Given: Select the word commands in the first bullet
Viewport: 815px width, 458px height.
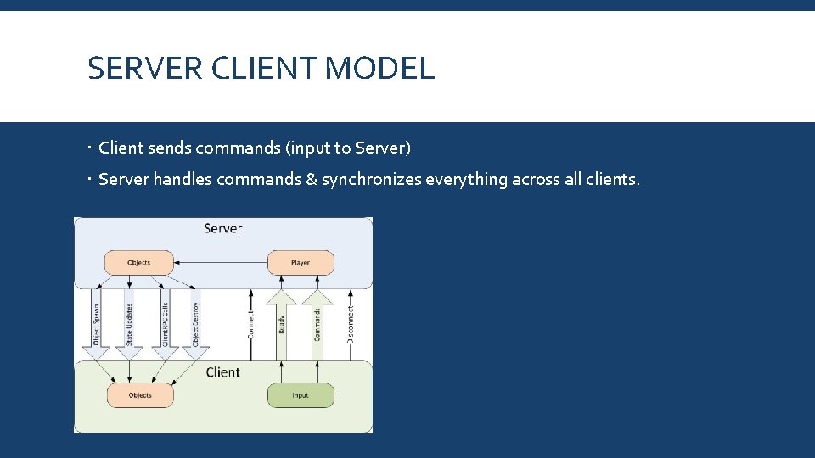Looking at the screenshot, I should click(238, 148).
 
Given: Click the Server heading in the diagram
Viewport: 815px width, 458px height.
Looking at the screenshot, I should click(223, 228).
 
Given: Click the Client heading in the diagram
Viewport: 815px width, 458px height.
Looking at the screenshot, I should click(223, 372).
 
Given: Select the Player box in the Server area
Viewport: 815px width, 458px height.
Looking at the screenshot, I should click(301, 263).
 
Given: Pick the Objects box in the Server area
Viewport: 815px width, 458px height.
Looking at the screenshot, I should click(138, 263).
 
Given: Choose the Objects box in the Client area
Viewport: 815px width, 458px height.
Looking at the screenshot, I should click(140, 395).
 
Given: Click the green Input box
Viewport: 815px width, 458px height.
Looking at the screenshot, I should click(301, 395).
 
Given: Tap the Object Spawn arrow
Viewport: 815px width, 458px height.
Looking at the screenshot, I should click(96, 324).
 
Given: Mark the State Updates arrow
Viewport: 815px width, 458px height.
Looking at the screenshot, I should click(129, 324).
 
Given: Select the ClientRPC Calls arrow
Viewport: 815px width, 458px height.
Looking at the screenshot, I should click(164, 324).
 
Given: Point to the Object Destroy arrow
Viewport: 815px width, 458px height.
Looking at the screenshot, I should click(196, 324).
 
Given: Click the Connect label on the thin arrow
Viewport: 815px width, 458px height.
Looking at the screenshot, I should click(250, 324).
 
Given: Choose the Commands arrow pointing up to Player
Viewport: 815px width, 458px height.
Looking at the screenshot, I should click(318, 324).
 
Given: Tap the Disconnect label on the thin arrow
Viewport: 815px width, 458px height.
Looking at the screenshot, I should click(351, 324).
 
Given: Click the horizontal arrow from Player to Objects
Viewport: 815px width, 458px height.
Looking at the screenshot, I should click(221, 263).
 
